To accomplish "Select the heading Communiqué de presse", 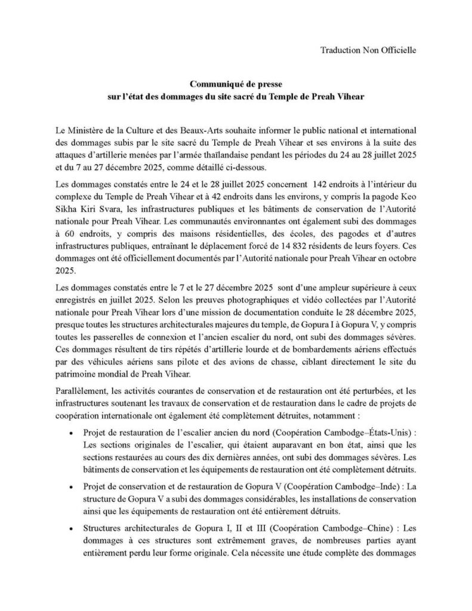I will (x=236, y=85).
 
